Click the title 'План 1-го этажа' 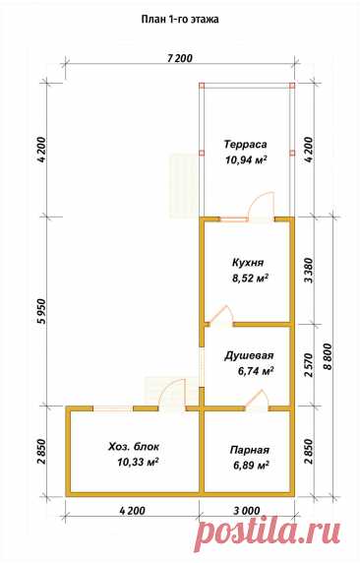click(179, 19)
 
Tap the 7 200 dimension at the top click(180, 58)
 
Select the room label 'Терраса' click(246, 145)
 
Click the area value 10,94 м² click(246, 159)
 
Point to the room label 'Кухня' click(248, 263)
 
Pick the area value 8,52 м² click(251, 278)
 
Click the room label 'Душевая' click(249, 355)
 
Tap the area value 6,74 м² click(256, 370)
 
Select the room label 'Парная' click(250, 450)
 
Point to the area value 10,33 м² click(138, 463)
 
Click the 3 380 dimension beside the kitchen click(309, 270)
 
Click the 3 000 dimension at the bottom click(248, 510)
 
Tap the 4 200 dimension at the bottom click(133, 510)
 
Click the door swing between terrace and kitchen click(262, 206)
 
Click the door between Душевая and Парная click(257, 400)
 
